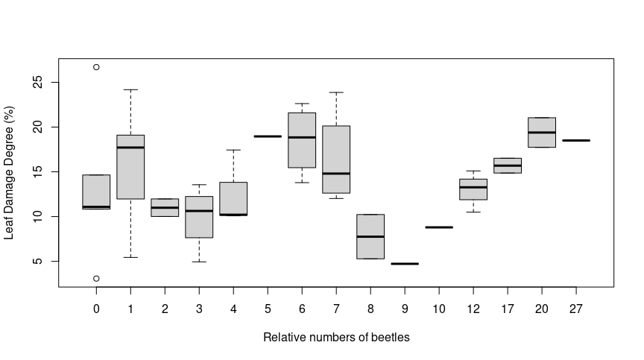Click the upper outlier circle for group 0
click(x=96, y=67)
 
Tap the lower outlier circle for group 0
click(x=96, y=279)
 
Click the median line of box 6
click(x=302, y=137)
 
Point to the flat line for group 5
click(x=268, y=136)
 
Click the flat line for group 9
click(x=405, y=264)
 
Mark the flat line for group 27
click(x=576, y=140)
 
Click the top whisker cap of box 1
click(x=130, y=89)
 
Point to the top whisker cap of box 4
click(x=233, y=150)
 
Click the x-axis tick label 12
click(x=473, y=308)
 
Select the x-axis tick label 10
click(x=439, y=308)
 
